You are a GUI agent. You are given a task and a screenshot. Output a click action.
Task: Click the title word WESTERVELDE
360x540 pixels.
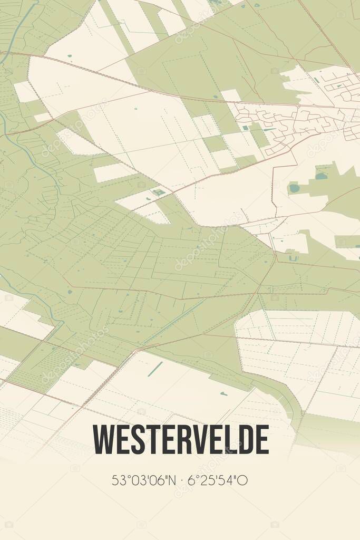coord(181,439)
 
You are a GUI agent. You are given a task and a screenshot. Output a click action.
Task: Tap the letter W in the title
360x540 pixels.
coord(103,439)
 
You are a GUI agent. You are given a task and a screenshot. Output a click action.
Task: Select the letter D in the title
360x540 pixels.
coord(246,439)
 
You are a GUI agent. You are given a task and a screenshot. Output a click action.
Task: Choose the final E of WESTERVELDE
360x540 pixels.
coord(262,439)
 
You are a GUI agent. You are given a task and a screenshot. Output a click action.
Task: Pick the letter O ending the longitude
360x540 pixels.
coord(244,480)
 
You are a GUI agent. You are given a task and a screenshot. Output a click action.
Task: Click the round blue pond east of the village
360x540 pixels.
coord(294,188)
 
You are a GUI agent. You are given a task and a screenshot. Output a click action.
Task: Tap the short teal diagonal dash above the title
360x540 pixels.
coord(155,369)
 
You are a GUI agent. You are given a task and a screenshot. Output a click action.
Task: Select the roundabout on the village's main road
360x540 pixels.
coord(298,106)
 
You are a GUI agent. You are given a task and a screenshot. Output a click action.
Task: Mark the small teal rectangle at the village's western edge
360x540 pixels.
coord(246,128)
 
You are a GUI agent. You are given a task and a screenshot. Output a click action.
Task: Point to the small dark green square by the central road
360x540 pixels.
coord(159,192)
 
